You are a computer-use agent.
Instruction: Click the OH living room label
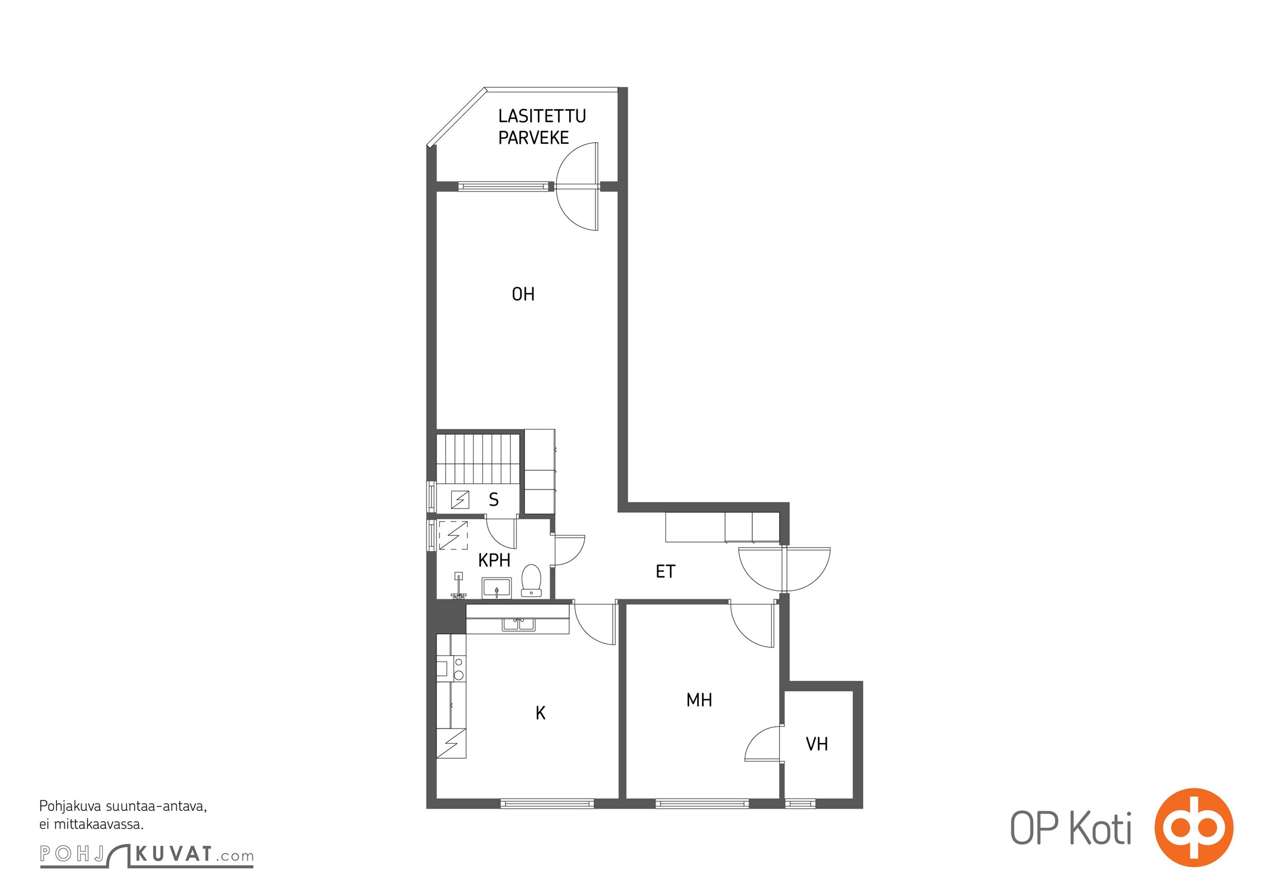click(523, 294)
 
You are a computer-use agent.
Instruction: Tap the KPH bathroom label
click(494, 560)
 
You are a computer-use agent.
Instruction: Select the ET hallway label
click(665, 571)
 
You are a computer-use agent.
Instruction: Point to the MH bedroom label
click(699, 700)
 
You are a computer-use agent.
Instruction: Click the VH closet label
click(817, 744)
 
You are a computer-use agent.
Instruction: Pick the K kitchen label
click(541, 713)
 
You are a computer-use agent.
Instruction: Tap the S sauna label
click(494, 500)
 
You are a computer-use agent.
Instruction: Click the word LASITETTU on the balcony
click(542, 116)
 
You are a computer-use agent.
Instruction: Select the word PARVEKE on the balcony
click(533, 138)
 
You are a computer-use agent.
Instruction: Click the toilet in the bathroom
click(531, 581)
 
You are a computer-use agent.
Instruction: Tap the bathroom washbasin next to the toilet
click(496, 589)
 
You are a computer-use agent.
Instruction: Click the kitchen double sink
click(519, 624)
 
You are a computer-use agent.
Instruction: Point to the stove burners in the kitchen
click(458, 669)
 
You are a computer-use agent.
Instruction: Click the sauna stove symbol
click(460, 499)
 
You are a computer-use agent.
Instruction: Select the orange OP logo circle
click(1194, 827)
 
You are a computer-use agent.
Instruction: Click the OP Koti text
click(1071, 828)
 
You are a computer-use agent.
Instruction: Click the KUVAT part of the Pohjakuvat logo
click(174, 854)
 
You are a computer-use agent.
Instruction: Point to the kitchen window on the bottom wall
click(547, 804)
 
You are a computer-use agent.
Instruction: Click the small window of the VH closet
click(800, 804)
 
